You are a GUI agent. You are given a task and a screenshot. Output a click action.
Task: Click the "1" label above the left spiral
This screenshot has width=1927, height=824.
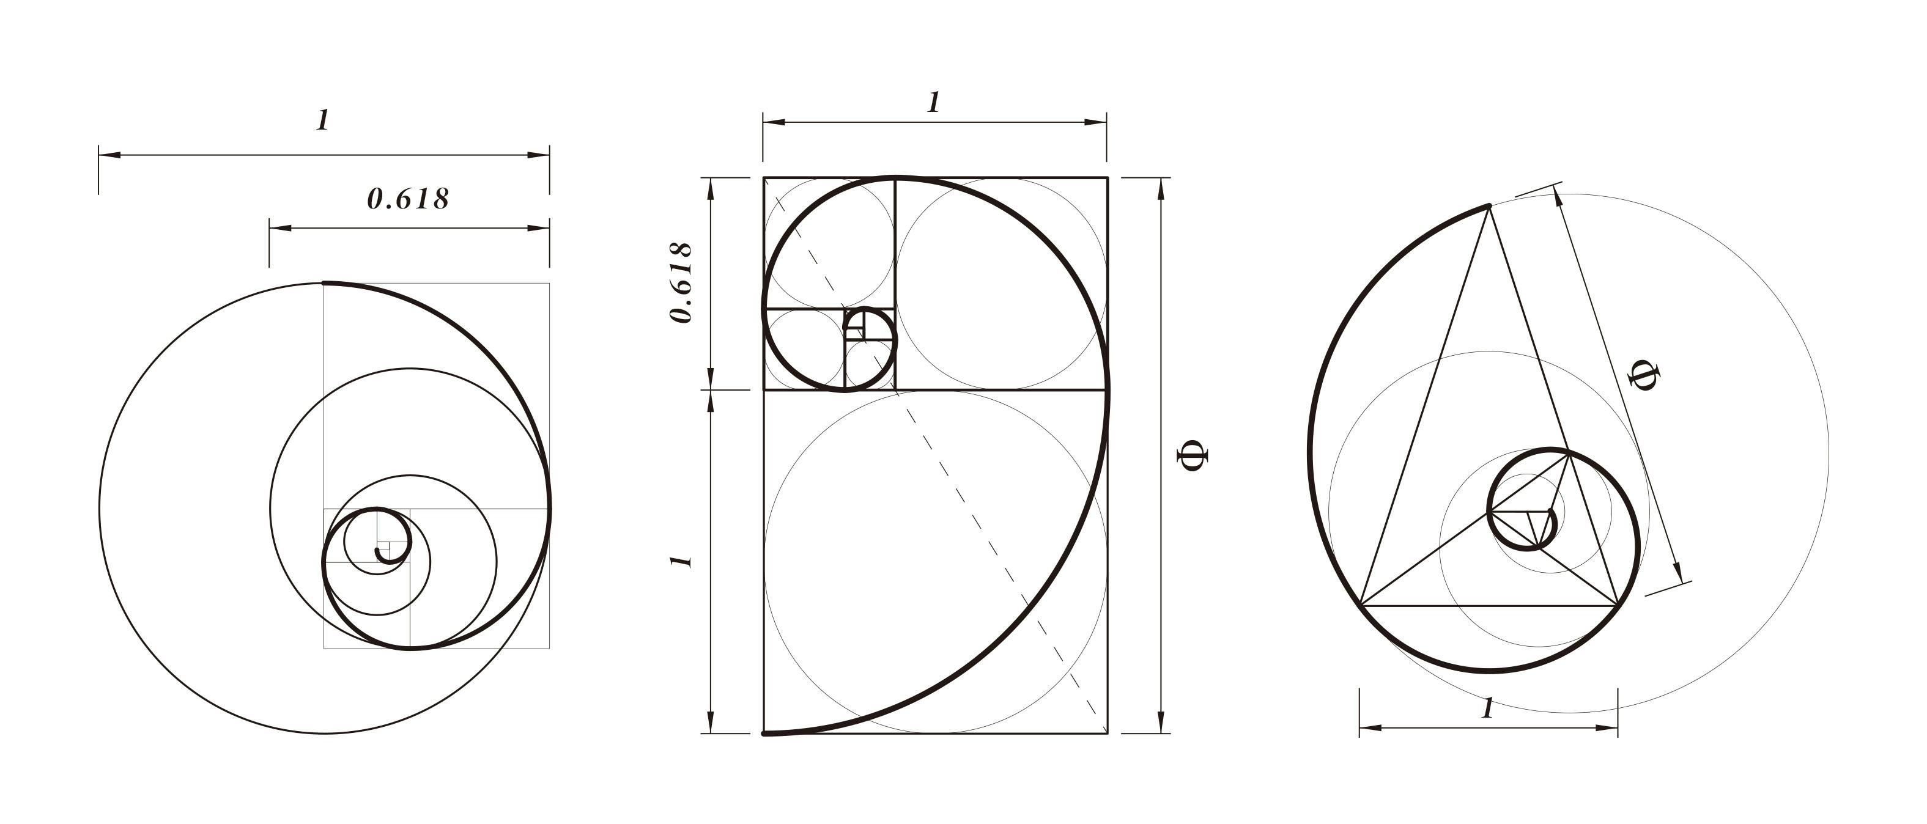pos(322,120)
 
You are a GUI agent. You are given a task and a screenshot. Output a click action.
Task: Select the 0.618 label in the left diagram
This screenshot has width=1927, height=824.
pos(408,198)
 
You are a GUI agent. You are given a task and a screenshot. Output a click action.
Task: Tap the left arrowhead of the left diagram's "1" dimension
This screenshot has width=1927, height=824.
pos(109,155)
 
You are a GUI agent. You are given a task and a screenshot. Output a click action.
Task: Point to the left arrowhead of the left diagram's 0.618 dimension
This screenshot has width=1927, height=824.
pos(279,227)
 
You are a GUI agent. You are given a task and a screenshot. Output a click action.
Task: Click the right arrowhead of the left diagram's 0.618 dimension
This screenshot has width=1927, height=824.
pos(539,227)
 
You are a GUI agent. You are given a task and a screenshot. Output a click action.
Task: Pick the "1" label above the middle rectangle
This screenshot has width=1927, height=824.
pos(933,103)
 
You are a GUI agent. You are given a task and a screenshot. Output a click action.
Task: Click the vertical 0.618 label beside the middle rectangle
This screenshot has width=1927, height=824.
pos(681,282)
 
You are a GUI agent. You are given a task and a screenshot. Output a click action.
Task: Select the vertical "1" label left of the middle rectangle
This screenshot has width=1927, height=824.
pos(681,561)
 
